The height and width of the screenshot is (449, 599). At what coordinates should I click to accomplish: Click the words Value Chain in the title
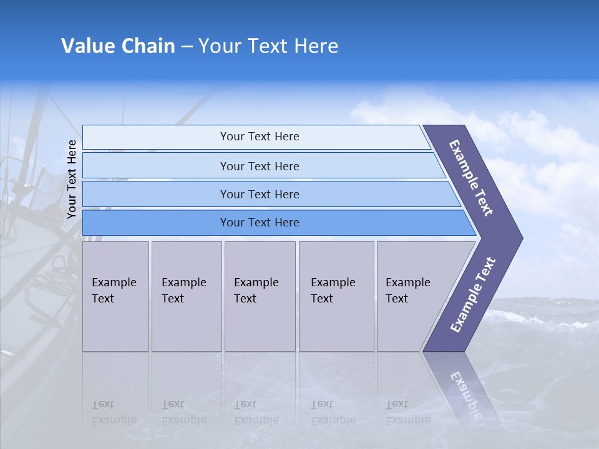tap(118, 46)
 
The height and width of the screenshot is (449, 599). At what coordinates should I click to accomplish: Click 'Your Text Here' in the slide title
tap(268, 46)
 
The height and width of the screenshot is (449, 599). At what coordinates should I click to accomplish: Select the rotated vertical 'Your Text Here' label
tap(72, 179)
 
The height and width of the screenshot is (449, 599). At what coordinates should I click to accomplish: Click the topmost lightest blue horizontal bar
tap(260, 137)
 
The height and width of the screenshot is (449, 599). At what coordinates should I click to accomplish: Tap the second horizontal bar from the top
tap(260, 166)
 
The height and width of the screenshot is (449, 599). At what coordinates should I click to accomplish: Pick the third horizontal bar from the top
tap(260, 194)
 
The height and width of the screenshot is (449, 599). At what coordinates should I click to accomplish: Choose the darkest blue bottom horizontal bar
tap(260, 223)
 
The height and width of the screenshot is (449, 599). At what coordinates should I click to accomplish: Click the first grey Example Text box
tap(115, 296)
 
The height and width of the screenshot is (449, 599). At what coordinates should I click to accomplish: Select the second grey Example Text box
tap(186, 296)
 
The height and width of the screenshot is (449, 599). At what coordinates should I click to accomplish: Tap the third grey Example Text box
tap(260, 296)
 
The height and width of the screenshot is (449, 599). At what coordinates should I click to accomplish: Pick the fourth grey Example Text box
tap(336, 296)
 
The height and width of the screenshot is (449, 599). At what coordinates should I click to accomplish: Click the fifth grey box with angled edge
tap(415, 296)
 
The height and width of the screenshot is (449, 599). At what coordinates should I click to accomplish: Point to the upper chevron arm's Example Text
tap(471, 178)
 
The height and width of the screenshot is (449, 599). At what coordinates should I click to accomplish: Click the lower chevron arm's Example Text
tap(472, 295)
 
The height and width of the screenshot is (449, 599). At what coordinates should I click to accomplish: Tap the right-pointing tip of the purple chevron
tap(515, 238)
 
